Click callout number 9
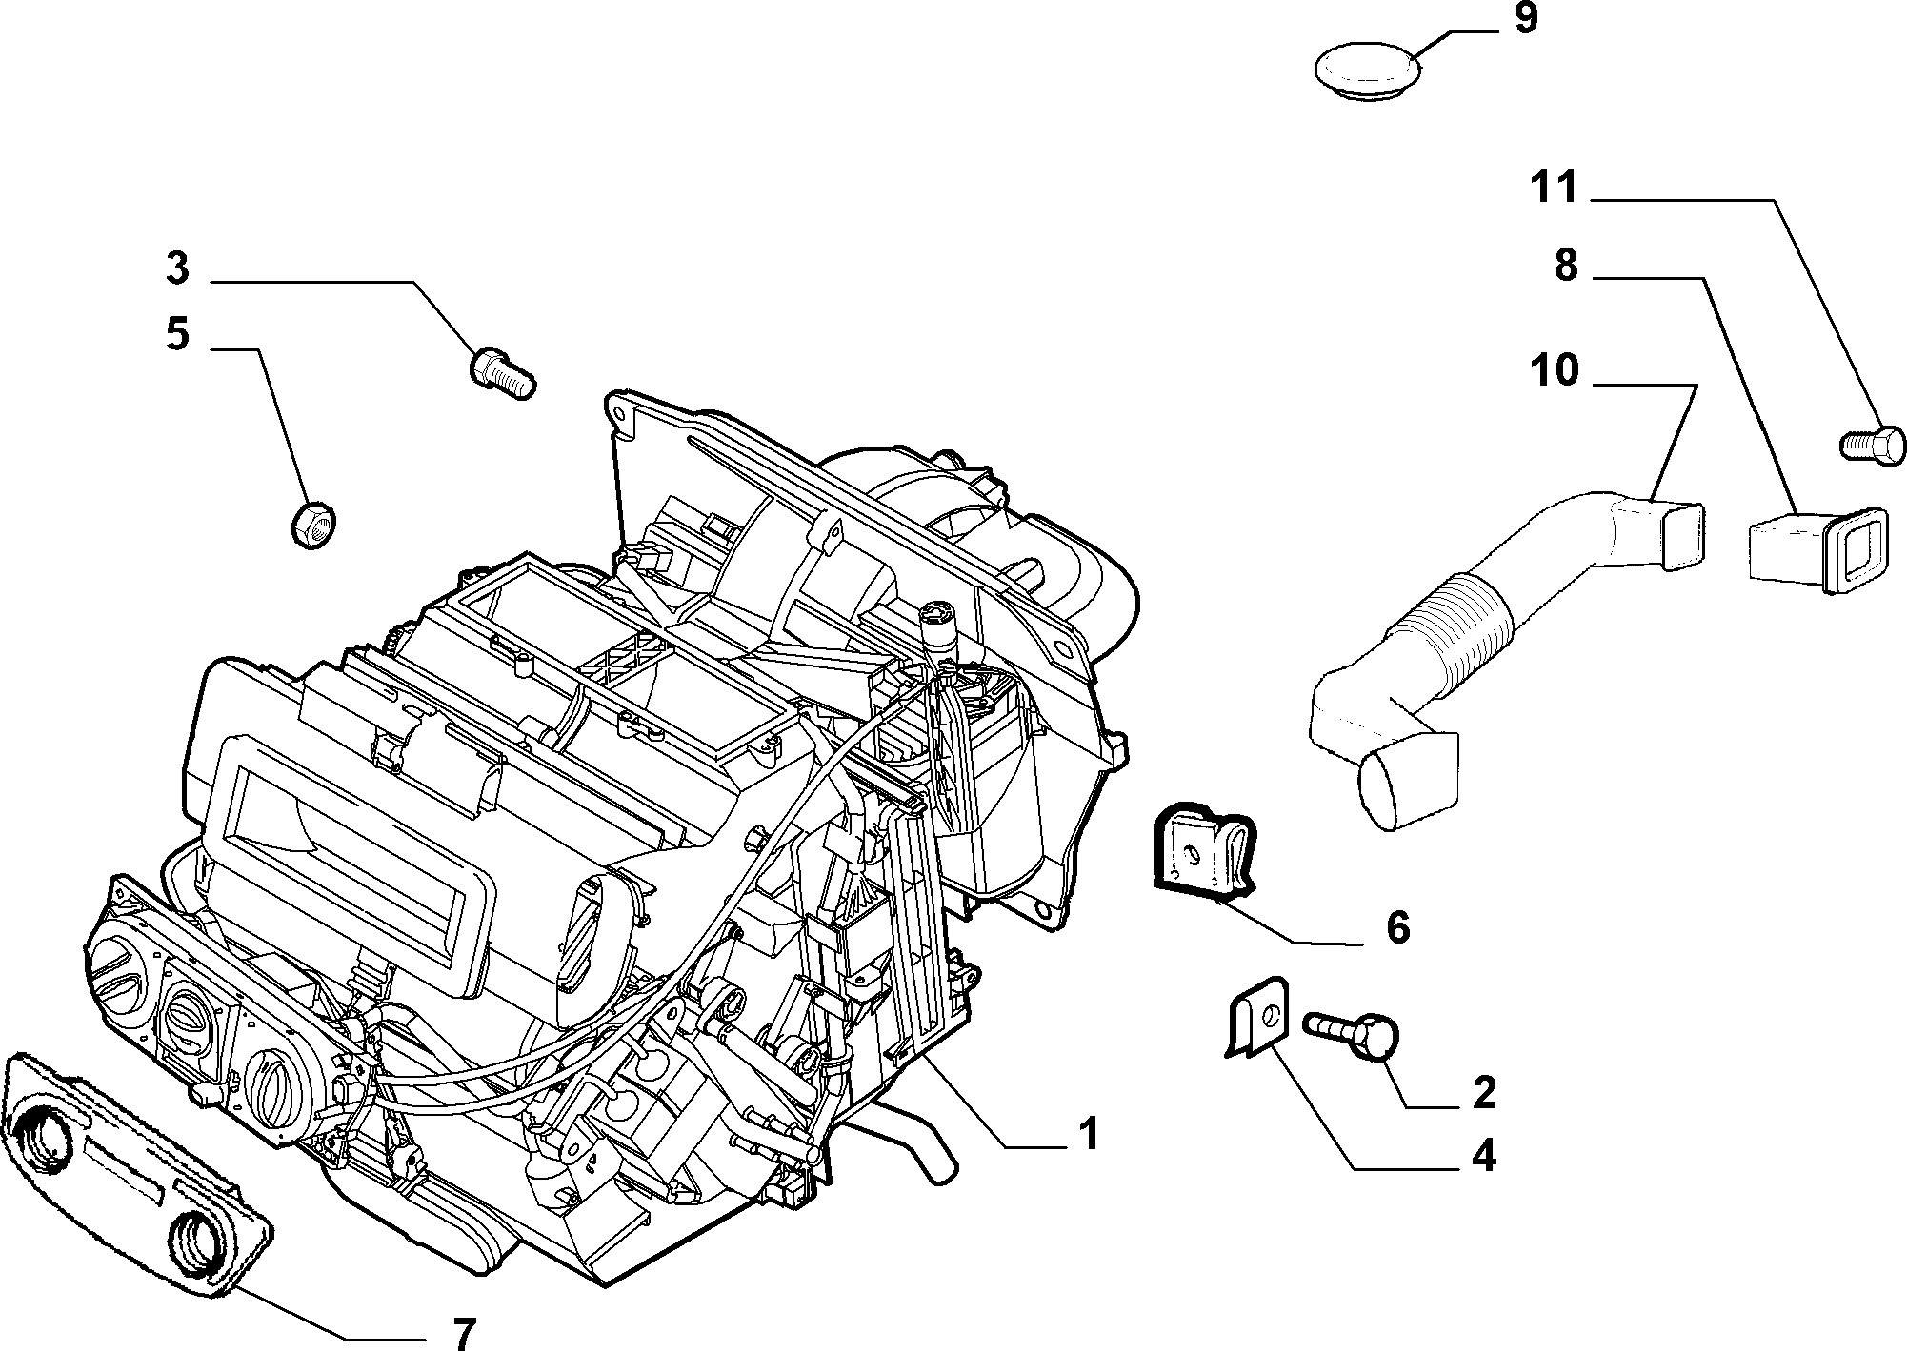[x=1526, y=19]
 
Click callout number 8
[x=1566, y=267]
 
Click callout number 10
[x=1555, y=369]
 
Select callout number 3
[x=177, y=268]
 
